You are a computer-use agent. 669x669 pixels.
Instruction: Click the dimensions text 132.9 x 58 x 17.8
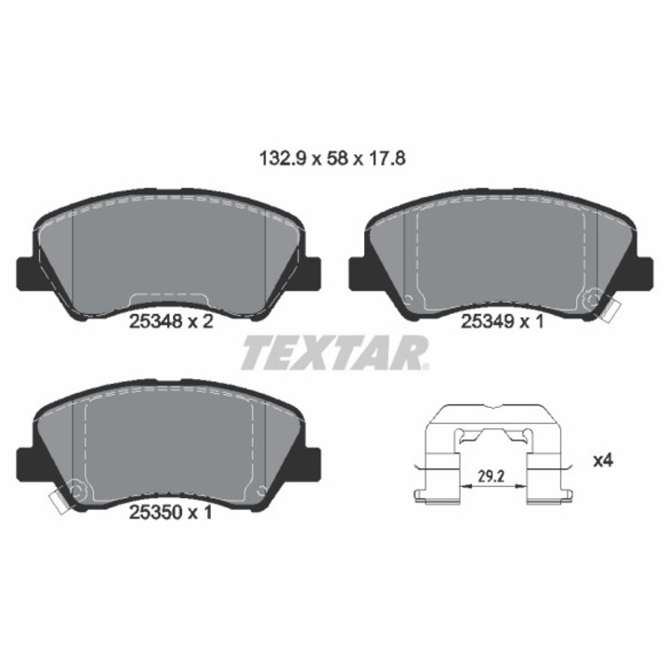tap(333, 159)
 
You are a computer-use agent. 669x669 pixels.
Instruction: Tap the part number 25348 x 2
tap(171, 321)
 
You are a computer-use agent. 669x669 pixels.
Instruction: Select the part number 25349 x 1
tap(503, 321)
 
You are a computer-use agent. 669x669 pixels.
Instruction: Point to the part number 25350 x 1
tap(170, 512)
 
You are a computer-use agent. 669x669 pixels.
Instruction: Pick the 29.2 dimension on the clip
tap(491, 477)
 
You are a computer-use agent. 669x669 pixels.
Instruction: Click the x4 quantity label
tap(603, 460)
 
